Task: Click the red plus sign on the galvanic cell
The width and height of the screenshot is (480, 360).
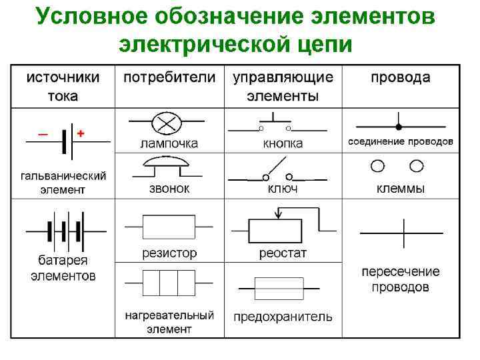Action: tap(81, 133)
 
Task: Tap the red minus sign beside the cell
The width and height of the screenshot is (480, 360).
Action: tap(43, 134)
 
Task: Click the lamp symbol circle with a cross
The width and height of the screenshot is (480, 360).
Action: tap(163, 123)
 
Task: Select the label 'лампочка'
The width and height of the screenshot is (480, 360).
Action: tap(169, 143)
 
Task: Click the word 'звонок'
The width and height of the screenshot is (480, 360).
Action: tap(169, 189)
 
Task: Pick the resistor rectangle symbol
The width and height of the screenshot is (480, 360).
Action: tap(169, 227)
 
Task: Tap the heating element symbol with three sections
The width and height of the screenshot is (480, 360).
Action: tap(169, 283)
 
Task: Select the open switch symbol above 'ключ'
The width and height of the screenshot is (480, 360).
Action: tap(277, 172)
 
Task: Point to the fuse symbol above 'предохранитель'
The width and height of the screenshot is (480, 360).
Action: tap(279, 289)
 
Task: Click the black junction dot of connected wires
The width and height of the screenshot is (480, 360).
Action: tap(399, 126)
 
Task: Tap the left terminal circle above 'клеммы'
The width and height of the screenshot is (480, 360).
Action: tap(378, 165)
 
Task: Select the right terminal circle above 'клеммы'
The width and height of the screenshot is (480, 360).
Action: tap(417, 165)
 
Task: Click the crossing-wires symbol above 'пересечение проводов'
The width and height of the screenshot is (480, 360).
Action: tap(402, 233)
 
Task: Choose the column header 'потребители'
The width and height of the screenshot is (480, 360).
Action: tap(169, 77)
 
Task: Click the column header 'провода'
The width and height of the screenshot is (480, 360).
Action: tap(401, 77)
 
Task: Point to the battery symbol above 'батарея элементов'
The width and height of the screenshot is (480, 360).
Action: tap(64, 231)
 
